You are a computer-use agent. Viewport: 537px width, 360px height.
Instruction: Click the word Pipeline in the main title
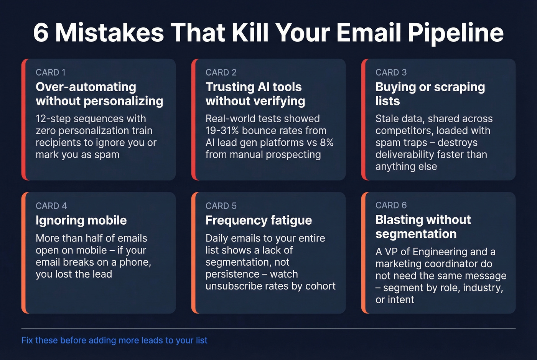455,33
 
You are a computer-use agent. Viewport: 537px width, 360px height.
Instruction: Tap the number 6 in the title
41,33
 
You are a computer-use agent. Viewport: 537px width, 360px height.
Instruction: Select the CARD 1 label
51,72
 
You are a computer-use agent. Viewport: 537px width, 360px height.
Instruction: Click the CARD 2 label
221,72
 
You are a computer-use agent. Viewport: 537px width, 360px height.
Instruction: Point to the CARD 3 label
391,72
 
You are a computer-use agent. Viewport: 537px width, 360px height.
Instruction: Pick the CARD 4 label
51,206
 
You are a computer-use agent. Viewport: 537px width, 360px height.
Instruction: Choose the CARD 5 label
221,206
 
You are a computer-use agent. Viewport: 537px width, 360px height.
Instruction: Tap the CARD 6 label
391,205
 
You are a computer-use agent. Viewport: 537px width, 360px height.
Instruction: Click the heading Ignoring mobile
81,220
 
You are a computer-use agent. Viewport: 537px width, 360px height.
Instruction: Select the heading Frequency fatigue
259,220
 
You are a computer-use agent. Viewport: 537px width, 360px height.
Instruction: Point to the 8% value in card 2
326,143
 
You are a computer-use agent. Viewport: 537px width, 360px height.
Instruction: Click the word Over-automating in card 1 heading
86,87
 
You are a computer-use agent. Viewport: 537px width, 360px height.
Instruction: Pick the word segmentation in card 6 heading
416,234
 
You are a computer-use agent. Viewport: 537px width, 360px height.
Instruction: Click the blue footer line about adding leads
114,340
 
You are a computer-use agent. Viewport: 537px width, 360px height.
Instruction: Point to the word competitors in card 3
402,131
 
